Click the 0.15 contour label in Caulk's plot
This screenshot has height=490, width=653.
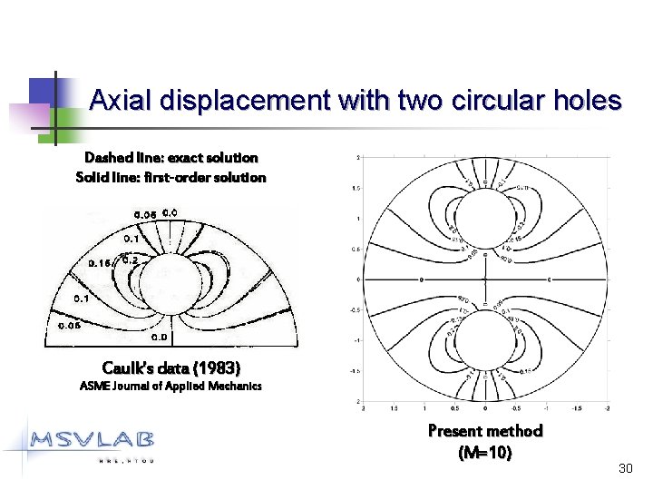(101, 263)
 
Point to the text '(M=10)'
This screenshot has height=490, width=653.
(484, 452)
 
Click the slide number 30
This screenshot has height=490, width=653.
(624, 468)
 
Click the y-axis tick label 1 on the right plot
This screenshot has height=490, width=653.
(361, 218)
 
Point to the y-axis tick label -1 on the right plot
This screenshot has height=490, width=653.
(359, 340)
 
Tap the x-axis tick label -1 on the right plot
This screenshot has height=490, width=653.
(546, 409)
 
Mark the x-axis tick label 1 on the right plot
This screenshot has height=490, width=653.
(424, 409)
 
